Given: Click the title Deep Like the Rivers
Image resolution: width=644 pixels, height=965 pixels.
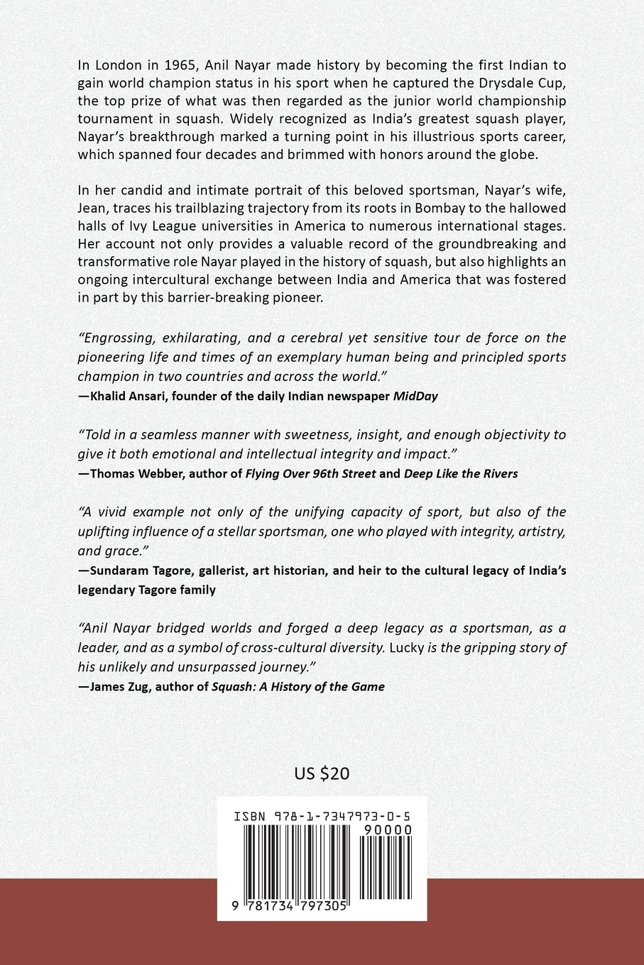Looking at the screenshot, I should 461,473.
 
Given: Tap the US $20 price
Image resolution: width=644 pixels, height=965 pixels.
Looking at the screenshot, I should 322,773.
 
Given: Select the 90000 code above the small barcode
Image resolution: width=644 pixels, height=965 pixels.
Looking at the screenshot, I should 386,829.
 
